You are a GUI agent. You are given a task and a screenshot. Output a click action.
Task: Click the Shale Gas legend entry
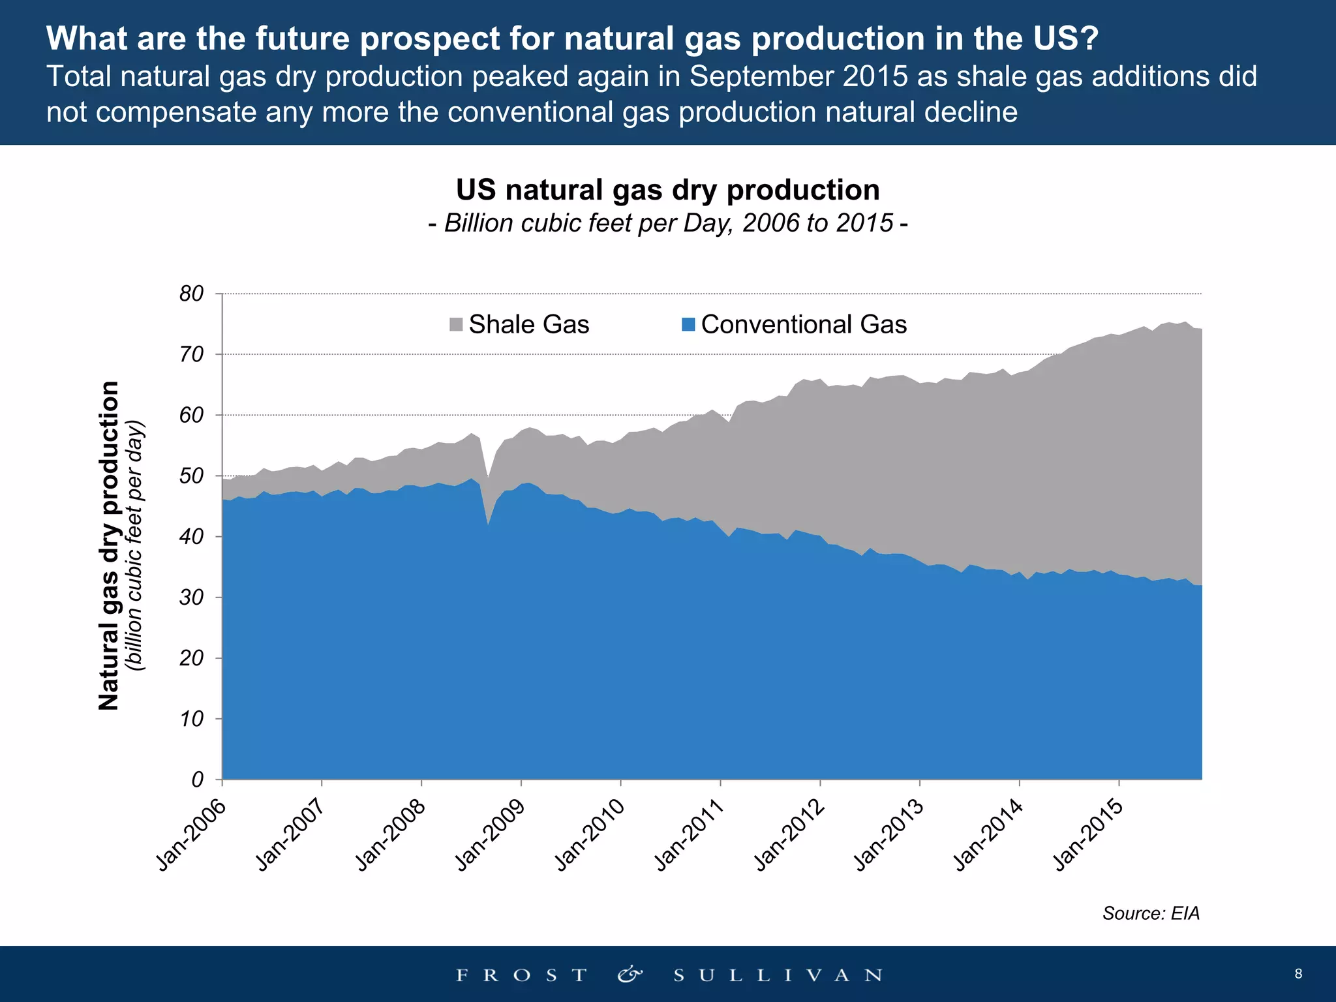pos(520,324)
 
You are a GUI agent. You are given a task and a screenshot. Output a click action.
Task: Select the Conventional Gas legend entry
pos(794,324)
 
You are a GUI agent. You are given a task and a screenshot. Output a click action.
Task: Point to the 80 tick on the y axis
pos(192,294)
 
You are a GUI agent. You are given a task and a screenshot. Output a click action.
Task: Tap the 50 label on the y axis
pos(192,476)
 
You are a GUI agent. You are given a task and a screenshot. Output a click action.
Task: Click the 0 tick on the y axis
pos(197,779)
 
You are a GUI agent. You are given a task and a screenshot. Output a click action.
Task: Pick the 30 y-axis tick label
pos(192,597)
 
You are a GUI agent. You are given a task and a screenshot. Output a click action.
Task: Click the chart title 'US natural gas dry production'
pos(667,190)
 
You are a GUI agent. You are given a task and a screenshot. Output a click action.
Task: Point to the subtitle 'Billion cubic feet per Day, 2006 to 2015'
pos(667,223)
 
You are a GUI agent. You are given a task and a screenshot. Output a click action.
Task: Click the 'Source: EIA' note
pos(1151,913)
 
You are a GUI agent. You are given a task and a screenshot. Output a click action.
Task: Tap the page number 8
pos(1298,974)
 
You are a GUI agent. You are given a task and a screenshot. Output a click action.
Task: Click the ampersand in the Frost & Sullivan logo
pos(630,975)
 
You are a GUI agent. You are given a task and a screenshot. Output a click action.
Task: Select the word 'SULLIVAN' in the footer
pos(778,975)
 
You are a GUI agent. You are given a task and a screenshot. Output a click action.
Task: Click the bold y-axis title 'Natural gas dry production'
pos(109,545)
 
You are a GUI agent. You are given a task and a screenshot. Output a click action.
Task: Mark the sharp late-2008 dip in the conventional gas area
pos(487,522)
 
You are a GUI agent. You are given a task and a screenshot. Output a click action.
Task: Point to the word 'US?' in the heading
pos(1066,38)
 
